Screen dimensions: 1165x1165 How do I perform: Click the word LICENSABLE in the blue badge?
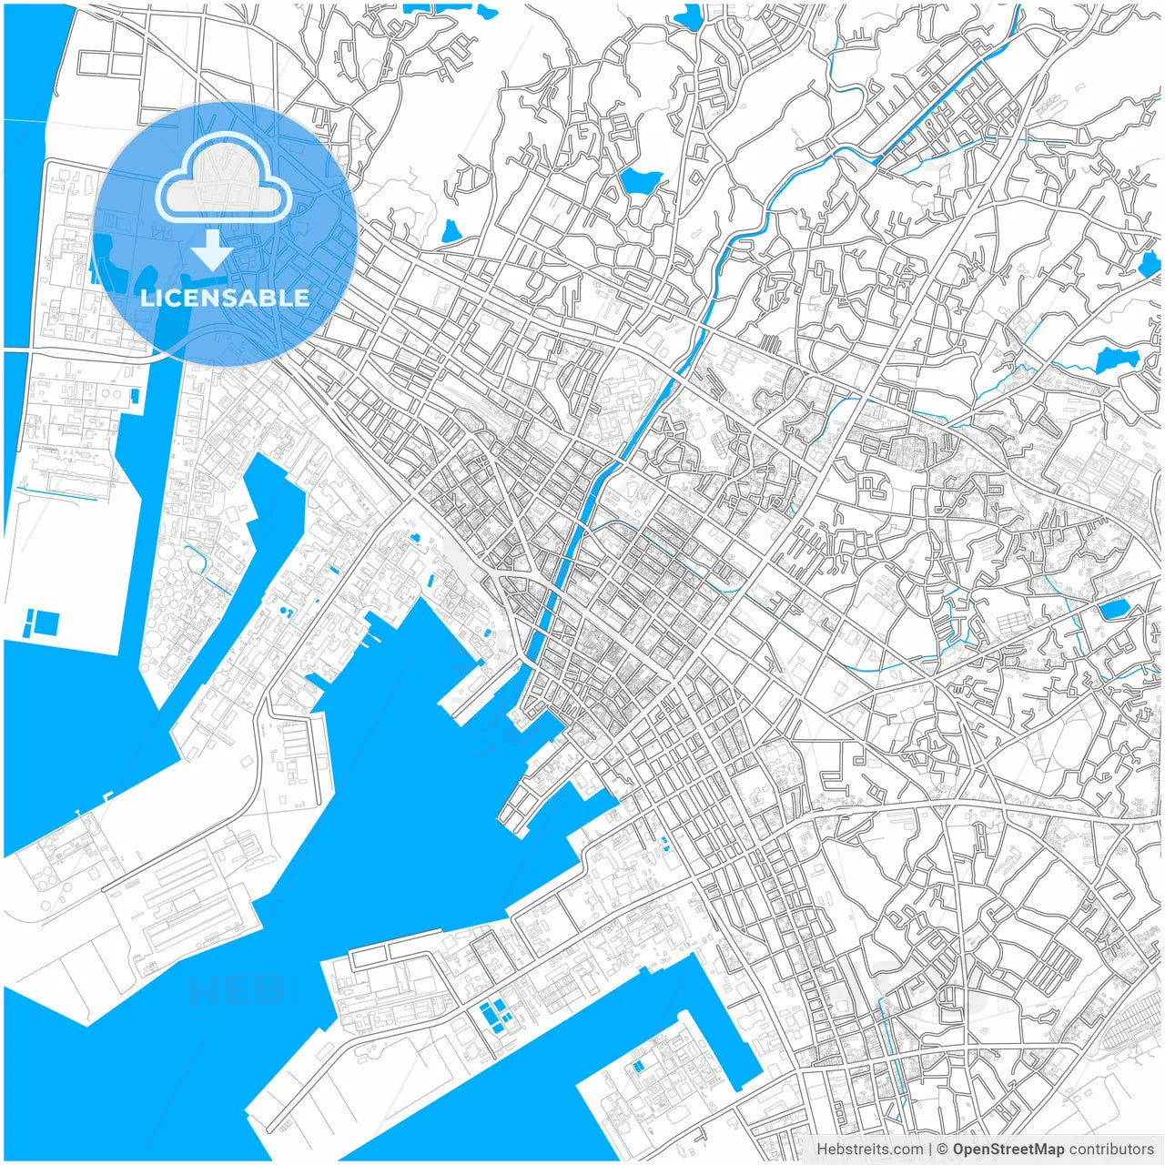coord(225,298)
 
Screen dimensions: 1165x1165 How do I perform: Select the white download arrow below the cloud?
coord(212,248)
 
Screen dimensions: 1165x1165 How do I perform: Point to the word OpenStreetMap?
coord(1008,1150)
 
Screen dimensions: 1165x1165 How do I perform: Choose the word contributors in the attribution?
coord(1111,1150)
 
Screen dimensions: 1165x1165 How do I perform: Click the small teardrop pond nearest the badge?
coord(450,232)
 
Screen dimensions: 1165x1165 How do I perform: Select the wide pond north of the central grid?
coord(639,180)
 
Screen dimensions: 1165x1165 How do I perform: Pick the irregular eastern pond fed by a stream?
coord(1112,361)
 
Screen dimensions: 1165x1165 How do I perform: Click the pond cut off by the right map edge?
coord(1150,264)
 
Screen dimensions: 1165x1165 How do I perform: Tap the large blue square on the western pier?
coord(46,623)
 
